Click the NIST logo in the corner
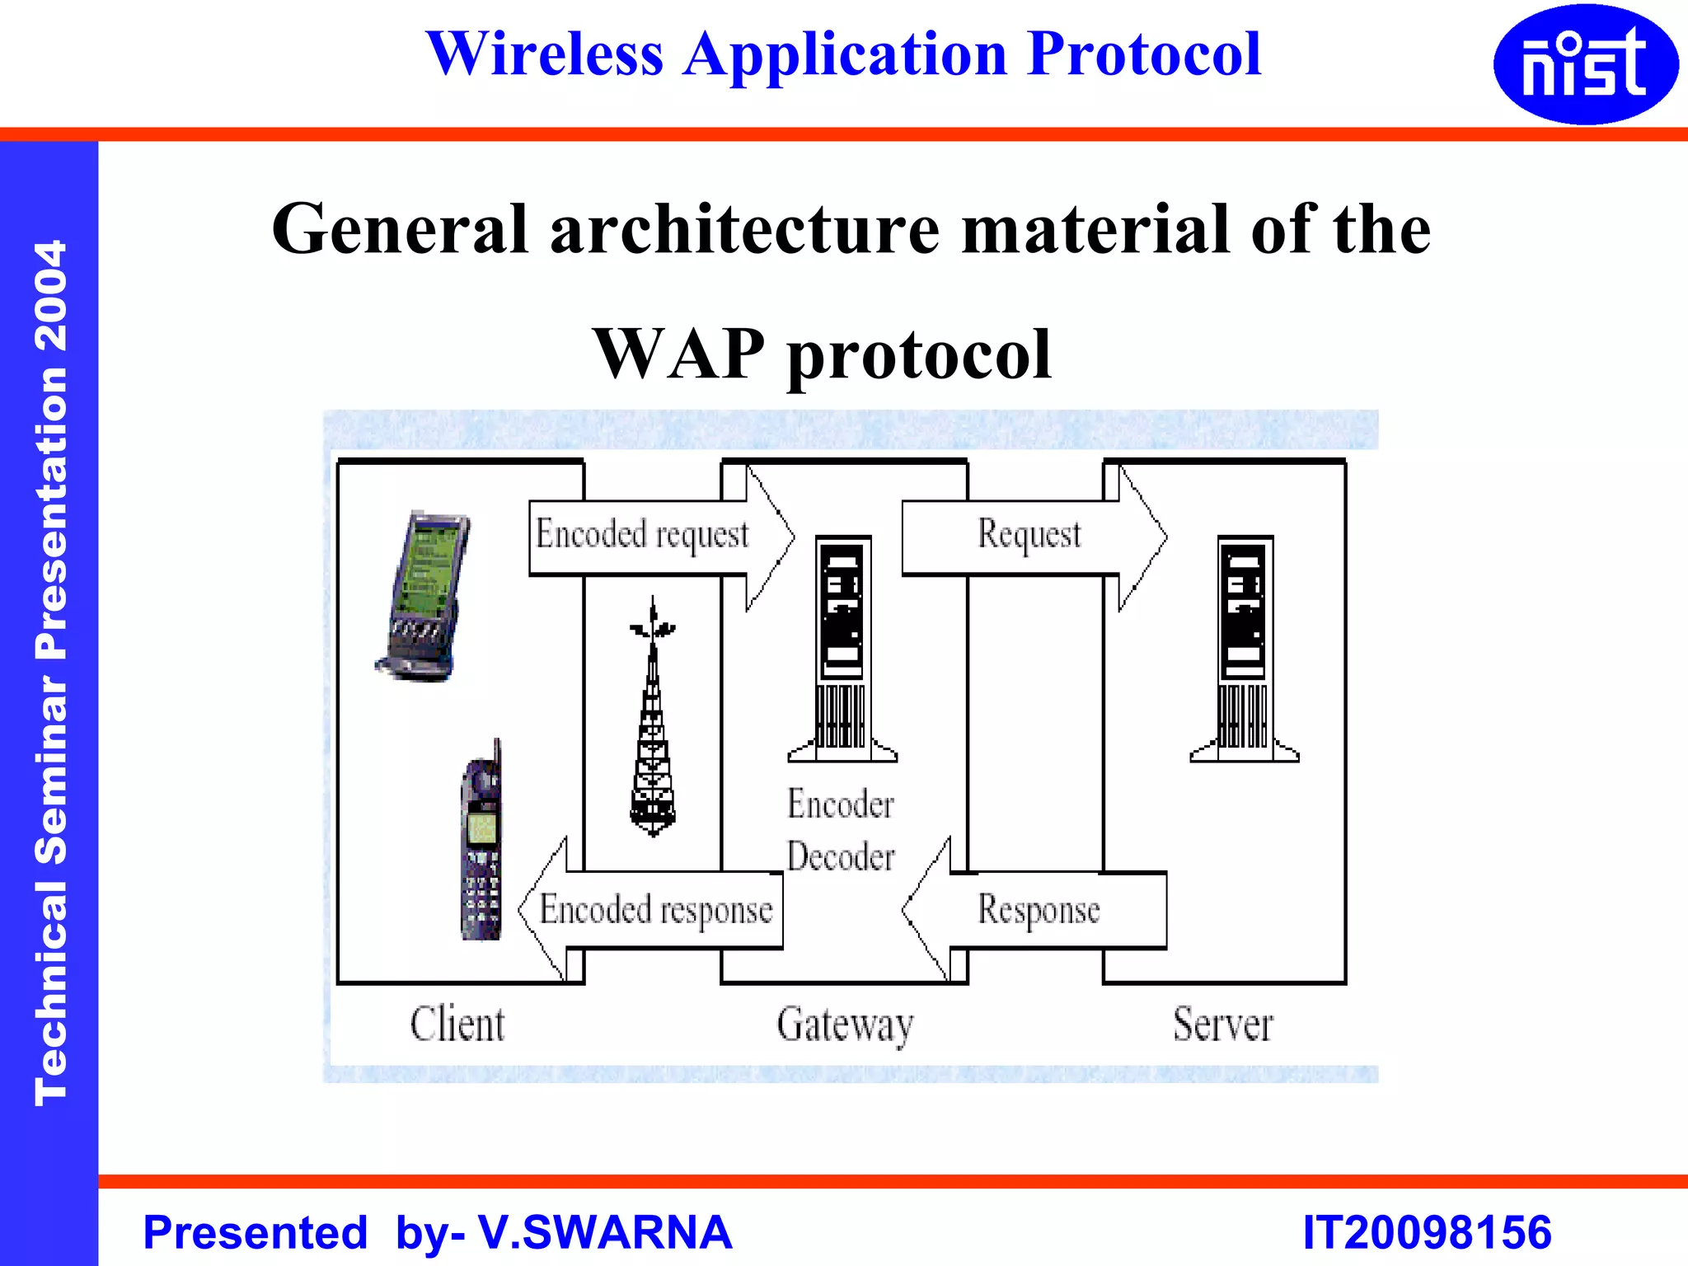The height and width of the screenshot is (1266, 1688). (x=1585, y=64)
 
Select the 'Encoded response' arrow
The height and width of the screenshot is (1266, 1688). (x=655, y=910)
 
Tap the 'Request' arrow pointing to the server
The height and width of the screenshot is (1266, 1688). (x=1030, y=536)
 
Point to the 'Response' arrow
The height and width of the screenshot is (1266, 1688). (x=1039, y=910)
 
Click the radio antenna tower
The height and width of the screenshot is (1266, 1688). (x=653, y=717)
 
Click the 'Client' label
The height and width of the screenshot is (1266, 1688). (x=457, y=1025)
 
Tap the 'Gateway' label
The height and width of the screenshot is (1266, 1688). (x=845, y=1025)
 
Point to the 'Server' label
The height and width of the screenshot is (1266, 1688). (x=1223, y=1025)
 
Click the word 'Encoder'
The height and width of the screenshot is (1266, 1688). (x=841, y=804)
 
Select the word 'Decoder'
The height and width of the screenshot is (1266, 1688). (x=841, y=857)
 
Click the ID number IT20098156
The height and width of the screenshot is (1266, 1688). (x=1427, y=1233)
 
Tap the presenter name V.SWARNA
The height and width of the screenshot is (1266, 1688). (x=605, y=1233)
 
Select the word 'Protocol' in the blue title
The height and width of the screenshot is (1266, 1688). (x=1145, y=54)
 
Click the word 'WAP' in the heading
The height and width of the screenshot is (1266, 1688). (x=679, y=354)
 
